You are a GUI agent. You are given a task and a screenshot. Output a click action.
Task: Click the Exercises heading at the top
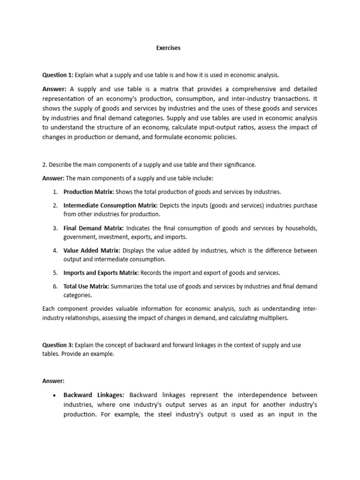pyautogui.click(x=168, y=48)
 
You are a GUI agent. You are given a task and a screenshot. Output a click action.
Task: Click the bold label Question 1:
pyautogui.click(x=58, y=75)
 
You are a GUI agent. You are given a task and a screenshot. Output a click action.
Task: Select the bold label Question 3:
pyautogui.click(x=58, y=345)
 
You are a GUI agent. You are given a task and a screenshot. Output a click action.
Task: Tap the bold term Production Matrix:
pyautogui.click(x=89, y=192)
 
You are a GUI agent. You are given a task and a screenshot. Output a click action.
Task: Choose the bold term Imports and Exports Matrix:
pyautogui.click(x=101, y=273)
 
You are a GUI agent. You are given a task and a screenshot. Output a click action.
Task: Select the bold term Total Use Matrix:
pyautogui.click(x=86, y=286)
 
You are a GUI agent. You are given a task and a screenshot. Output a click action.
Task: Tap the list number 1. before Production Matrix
pyautogui.click(x=55, y=192)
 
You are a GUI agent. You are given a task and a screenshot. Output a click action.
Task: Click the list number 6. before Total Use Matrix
pyautogui.click(x=55, y=286)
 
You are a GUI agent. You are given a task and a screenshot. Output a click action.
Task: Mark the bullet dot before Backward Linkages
pyautogui.click(x=55, y=395)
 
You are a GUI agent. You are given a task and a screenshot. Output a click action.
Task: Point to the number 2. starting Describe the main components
pyautogui.click(x=45, y=165)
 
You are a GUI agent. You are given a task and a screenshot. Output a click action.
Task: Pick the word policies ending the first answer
pyautogui.click(x=224, y=137)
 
